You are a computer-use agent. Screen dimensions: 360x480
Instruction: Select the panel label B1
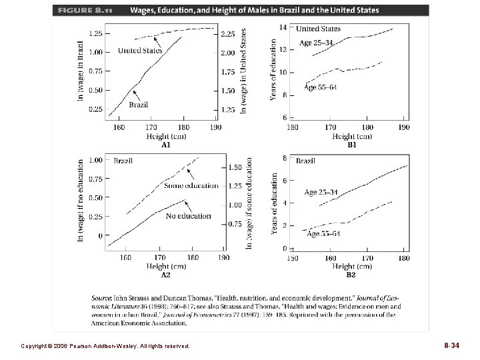[351, 144]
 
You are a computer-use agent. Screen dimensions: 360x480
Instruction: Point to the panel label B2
[351, 274]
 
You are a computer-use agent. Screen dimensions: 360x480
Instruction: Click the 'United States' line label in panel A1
[140, 51]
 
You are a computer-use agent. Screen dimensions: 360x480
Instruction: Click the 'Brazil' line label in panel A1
[138, 104]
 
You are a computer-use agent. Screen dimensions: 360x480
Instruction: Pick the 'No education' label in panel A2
[189, 216]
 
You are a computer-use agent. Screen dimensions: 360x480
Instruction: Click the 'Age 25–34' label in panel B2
[321, 193]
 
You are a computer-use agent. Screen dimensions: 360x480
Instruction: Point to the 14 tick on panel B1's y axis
[282, 27]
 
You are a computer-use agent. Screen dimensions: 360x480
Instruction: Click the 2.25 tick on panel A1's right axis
[228, 33]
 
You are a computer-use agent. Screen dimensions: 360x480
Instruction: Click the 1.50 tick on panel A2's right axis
[235, 168]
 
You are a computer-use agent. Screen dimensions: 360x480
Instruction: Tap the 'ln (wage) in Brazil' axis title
[81, 69]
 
